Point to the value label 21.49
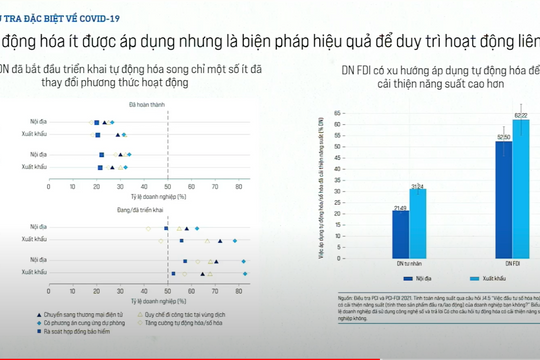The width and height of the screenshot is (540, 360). [x=400, y=207]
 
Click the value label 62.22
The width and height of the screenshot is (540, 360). [x=521, y=117]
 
